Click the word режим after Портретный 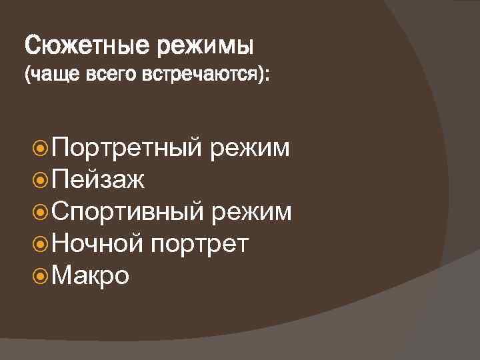(249, 148)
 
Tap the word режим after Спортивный (251, 212)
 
